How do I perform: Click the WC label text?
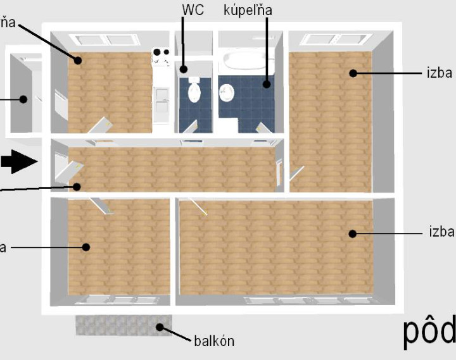[x=192, y=11]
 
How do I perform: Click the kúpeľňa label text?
[x=247, y=11]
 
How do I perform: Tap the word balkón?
[x=214, y=341]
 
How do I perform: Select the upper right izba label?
[x=439, y=73]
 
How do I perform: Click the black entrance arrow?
[x=18, y=162]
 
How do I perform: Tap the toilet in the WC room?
[x=194, y=92]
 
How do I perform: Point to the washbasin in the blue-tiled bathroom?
[x=227, y=92]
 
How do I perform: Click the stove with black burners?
[x=160, y=58]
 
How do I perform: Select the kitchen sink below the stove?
[x=161, y=96]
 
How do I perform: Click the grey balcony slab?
[x=123, y=326]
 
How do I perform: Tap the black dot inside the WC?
[x=183, y=69]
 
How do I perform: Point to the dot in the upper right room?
[x=352, y=73]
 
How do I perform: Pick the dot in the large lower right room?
[x=351, y=233]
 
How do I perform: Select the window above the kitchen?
[x=106, y=39]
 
